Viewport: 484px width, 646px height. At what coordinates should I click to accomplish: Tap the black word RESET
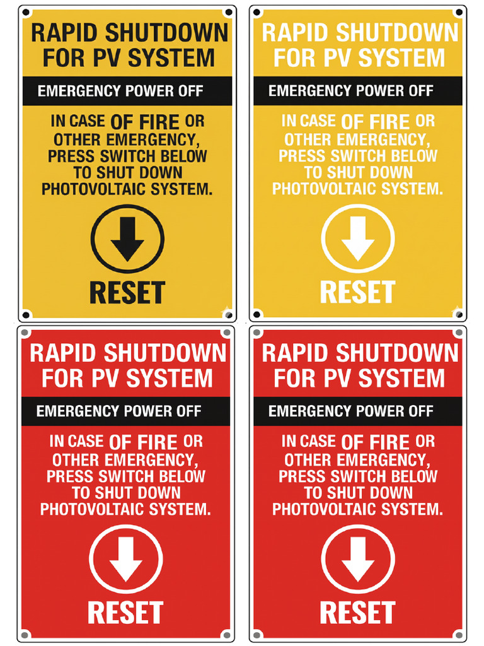(127, 293)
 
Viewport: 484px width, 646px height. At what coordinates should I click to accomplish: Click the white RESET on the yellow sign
(358, 293)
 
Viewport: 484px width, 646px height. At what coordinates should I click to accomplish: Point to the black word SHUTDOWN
(166, 33)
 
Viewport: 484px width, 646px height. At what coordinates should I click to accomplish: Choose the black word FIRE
(159, 122)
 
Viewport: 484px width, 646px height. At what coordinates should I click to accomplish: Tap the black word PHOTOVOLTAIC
(93, 189)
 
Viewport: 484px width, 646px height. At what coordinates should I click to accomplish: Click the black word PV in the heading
(108, 57)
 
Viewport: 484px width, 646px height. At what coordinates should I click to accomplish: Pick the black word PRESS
(71, 156)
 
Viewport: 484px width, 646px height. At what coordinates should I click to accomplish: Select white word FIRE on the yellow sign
(389, 122)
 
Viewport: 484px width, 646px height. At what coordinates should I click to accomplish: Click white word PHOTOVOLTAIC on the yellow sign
(324, 189)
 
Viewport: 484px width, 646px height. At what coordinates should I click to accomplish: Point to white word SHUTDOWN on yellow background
(397, 33)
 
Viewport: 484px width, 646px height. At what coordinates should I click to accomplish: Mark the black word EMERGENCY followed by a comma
(153, 140)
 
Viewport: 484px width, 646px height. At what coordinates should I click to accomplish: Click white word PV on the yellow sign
(338, 57)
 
